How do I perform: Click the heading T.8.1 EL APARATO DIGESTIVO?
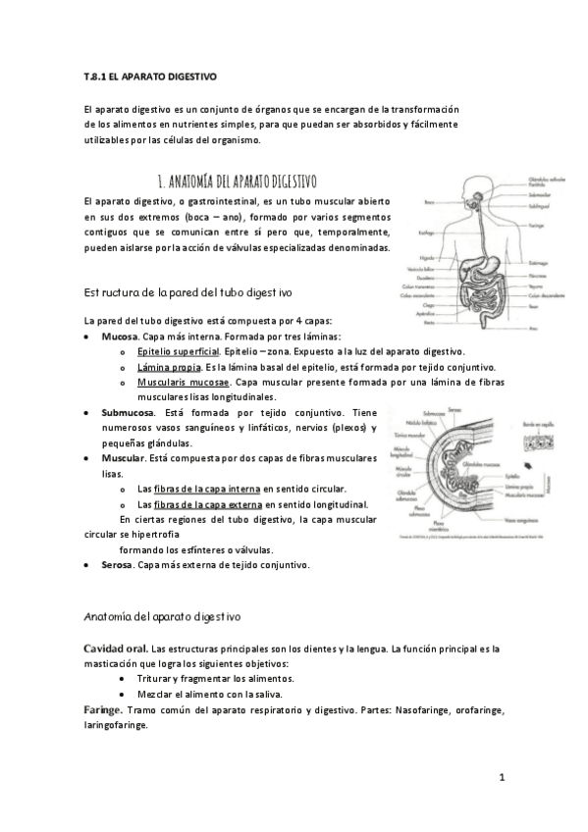(150, 76)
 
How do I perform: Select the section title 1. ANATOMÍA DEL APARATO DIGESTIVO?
(237, 182)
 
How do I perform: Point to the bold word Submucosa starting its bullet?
(128, 413)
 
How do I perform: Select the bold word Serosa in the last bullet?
(118, 565)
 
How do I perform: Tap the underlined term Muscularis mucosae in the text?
(184, 382)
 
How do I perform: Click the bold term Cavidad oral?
(116, 649)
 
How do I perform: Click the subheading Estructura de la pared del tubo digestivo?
(187, 292)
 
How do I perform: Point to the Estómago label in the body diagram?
(539, 262)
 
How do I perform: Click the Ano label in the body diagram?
(535, 329)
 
